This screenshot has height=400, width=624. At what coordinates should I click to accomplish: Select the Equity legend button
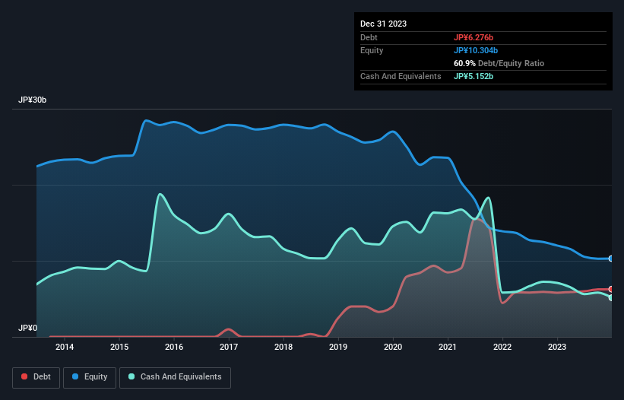(x=90, y=376)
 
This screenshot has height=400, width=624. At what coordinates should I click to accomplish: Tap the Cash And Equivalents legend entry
(x=175, y=376)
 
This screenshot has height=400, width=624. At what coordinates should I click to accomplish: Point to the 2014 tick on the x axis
(x=65, y=348)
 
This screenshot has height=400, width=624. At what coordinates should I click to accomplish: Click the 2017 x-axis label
(x=229, y=348)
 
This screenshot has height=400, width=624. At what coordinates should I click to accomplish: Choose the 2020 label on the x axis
(x=393, y=348)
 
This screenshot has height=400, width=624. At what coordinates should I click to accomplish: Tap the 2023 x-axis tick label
(x=557, y=348)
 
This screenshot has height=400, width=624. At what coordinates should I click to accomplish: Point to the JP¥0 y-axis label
(x=27, y=328)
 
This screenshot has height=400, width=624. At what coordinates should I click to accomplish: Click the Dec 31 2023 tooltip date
(x=383, y=24)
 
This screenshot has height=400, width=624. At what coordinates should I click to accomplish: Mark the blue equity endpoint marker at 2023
(x=610, y=259)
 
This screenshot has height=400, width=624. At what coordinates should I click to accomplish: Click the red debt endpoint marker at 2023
(x=610, y=289)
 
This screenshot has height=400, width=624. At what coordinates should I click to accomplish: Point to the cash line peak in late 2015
(x=160, y=194)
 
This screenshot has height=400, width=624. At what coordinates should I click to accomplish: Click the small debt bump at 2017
(x=228, y=329)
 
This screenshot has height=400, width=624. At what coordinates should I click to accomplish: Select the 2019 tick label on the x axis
(x=338, y=348)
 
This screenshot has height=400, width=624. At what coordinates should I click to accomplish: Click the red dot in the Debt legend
(x=24, y=376)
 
